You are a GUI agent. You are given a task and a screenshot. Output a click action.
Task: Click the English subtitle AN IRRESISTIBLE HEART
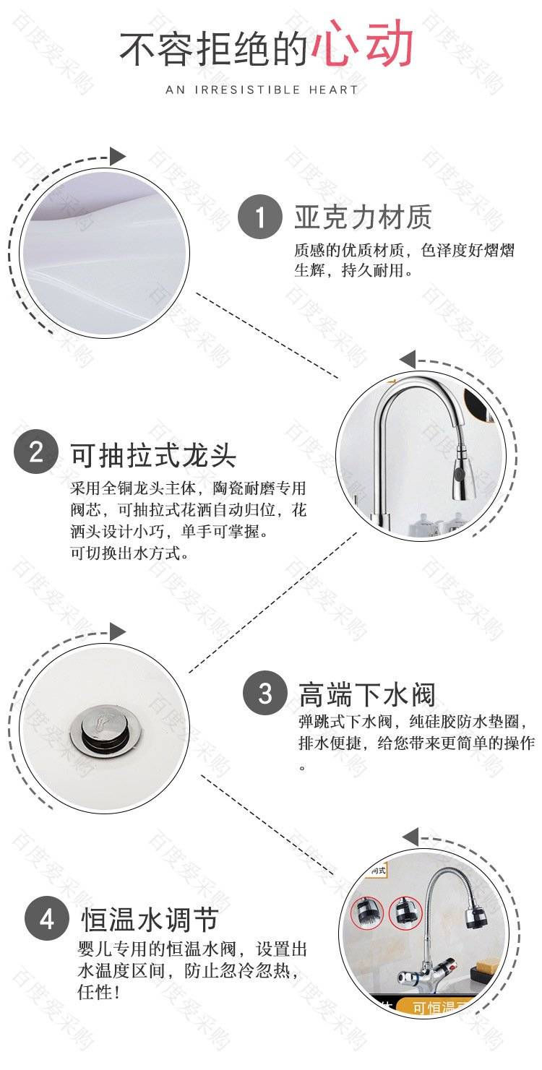262,90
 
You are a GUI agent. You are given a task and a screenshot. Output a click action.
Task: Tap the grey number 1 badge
260,217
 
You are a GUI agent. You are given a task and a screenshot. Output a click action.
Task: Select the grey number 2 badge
36,452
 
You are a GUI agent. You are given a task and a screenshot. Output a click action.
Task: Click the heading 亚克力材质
363,217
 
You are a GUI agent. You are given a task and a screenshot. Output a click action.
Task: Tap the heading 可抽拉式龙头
153,454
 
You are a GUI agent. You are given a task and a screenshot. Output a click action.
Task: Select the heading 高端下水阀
367,694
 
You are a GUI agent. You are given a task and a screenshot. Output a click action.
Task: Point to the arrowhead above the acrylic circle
118,157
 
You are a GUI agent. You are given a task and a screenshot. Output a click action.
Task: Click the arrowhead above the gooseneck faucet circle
408,359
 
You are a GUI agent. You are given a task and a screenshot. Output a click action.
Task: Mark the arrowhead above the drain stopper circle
118,632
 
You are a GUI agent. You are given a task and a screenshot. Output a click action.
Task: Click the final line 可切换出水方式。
130,553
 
